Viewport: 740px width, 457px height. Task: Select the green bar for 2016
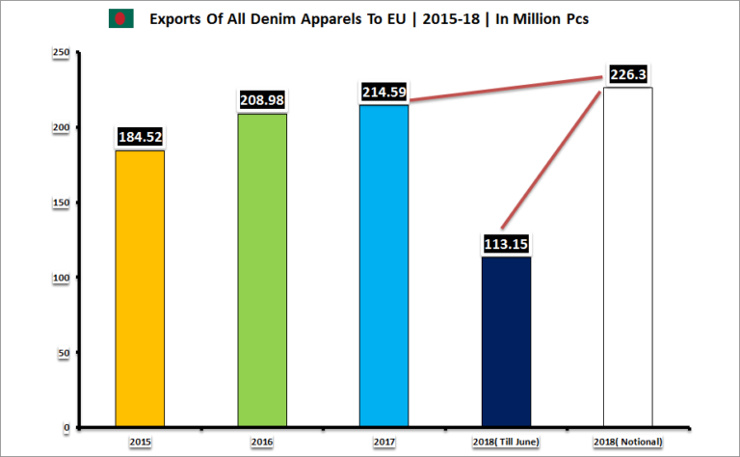click(x=262, y=271)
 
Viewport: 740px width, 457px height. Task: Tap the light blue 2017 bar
click(x=383, y=266)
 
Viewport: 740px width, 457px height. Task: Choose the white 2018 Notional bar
click(x=628, y=257)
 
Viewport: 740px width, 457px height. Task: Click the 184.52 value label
click(x=140, y=137)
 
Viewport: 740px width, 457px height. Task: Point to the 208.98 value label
click(x=262, y=100)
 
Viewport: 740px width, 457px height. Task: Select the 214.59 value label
click(x=383, y=93)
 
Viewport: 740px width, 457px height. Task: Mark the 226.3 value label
click(x=628, y=74)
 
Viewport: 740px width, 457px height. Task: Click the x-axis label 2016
click(x=262, y=441)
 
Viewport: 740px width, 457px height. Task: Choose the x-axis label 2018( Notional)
click(x=628, y=441)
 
